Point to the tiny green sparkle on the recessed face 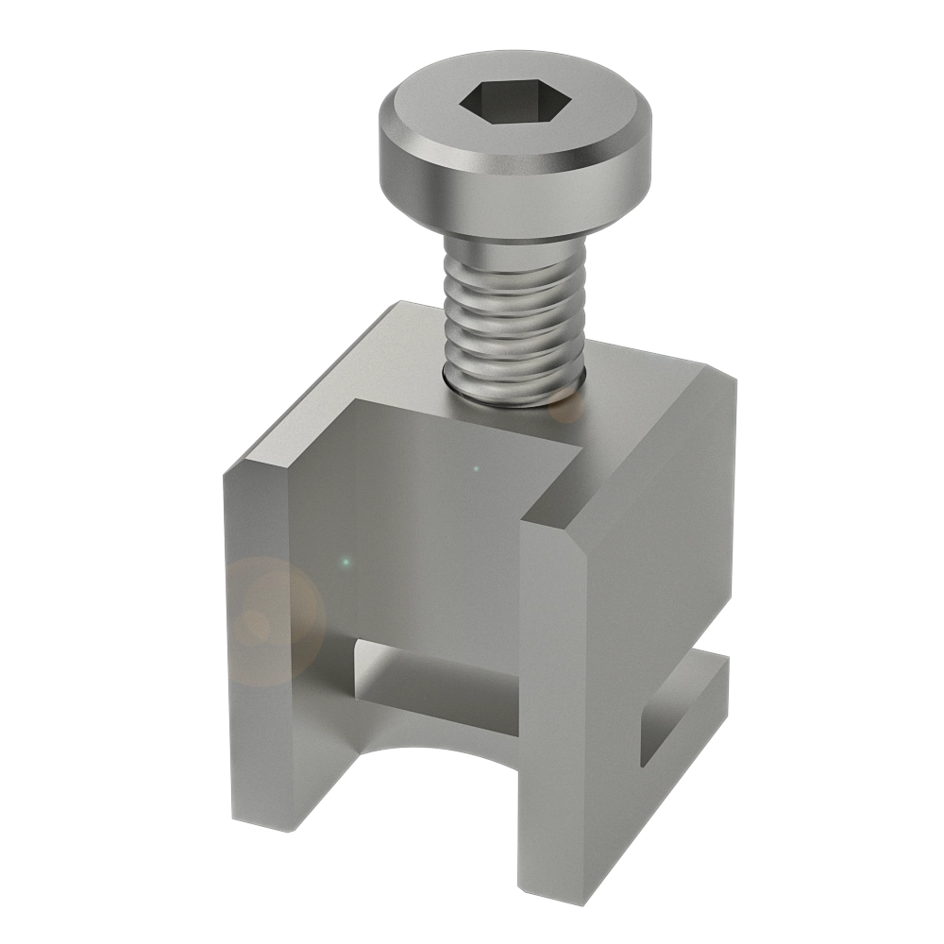[x=346, y=563]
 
